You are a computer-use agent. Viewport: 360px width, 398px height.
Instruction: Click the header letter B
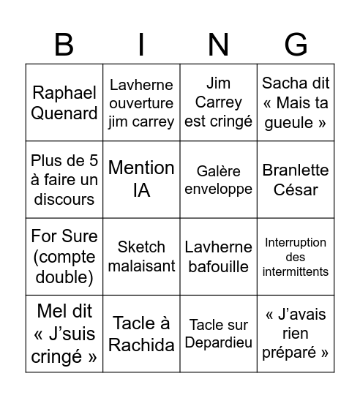tap(64, 45)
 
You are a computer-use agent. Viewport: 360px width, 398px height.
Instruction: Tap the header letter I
tap(141, 45)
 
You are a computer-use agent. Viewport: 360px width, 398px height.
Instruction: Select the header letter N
tap(218, 45)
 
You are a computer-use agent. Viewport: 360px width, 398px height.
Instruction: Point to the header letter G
tap(296, 45)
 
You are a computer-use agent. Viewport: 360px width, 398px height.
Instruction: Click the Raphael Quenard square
tap(64, 103)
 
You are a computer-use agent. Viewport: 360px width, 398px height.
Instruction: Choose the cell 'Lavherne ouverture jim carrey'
tap(141, 103)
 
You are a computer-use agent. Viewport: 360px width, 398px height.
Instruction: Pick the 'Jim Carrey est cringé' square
tap(219, 103)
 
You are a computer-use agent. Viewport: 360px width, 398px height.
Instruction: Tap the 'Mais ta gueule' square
tap(296, 103)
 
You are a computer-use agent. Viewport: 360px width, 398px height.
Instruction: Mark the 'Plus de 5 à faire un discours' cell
tap(64, 180)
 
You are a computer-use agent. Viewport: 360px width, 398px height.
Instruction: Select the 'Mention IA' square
tap(141, 180)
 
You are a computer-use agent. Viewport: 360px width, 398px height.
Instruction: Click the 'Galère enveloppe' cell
tap(219, 180)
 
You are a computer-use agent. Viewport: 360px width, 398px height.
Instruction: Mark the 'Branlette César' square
tap(296, 180)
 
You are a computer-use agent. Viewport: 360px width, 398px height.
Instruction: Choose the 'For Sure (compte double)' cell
tap(64, 257)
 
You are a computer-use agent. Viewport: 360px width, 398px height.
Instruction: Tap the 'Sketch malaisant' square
tap(141, 257)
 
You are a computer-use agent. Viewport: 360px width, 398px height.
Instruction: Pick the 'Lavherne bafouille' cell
tap(219, 257)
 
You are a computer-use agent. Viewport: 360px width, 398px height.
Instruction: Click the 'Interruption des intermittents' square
tap(296, 257)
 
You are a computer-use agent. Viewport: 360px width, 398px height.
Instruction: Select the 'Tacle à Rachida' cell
tap(141, 334)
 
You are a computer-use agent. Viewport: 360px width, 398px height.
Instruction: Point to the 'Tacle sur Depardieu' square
tap(219, 334)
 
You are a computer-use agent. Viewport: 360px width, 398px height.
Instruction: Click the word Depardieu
tap(219, 342)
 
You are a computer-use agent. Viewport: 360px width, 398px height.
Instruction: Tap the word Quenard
tap(64, 113)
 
